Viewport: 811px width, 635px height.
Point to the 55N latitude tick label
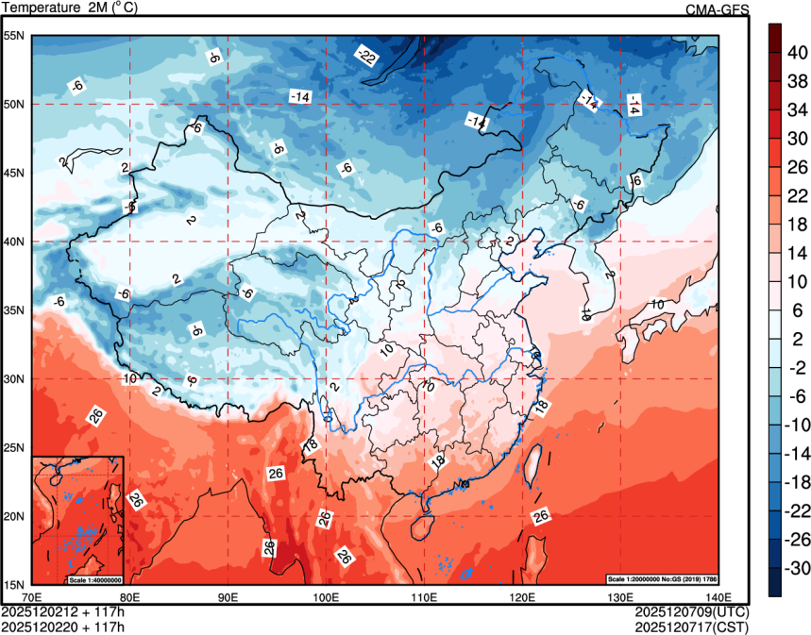(14, 36)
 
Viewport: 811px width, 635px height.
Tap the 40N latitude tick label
(14, 242)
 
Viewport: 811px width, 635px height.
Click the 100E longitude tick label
(326, 596)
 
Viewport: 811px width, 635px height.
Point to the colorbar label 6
(796, 311)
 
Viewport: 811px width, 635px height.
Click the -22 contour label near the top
(366, 58)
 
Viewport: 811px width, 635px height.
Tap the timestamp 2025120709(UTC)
(692, 610)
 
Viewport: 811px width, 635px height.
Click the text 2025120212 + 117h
(63, 610)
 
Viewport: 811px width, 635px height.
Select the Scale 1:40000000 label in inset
(94, 578)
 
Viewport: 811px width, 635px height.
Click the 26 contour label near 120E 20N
(541, 516)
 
